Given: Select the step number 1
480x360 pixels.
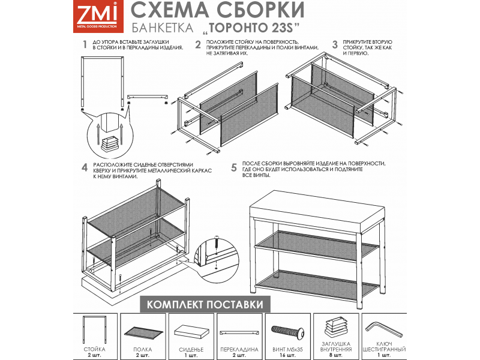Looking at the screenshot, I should tap(85, 44).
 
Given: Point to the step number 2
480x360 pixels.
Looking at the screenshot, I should tap(197, 44).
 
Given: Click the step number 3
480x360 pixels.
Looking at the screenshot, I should tap(335, 44).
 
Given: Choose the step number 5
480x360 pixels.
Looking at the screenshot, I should tap(234, 168).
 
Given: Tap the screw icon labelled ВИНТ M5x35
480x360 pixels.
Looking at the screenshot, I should tap(287, 331).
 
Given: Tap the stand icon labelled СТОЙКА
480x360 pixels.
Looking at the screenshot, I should tap(94, 331).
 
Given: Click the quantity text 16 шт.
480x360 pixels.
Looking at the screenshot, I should tap(287, 355).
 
